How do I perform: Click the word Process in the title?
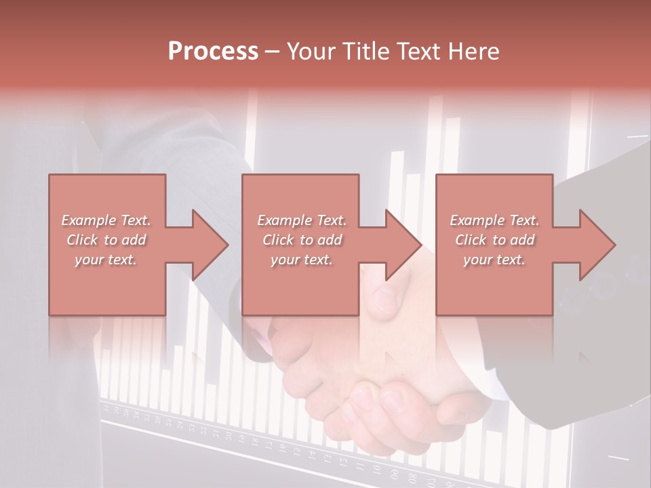(213, 52)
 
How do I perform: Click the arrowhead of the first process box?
(210, 245)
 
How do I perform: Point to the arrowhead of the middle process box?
(403, 245)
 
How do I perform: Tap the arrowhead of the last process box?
(597, 245)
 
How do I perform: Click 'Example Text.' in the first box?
(106, 220)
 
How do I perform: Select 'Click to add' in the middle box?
(302, 240)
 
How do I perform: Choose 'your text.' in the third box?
(494, 260)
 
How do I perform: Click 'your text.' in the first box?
(106, 260)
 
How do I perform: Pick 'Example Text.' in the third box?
(494, 220)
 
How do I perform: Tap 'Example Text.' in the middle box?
(302, 220)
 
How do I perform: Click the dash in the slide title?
(273, 52)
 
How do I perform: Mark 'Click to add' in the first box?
(106, 240)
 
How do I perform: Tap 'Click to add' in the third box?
(494, 240)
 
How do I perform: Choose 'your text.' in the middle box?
(302, 260)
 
